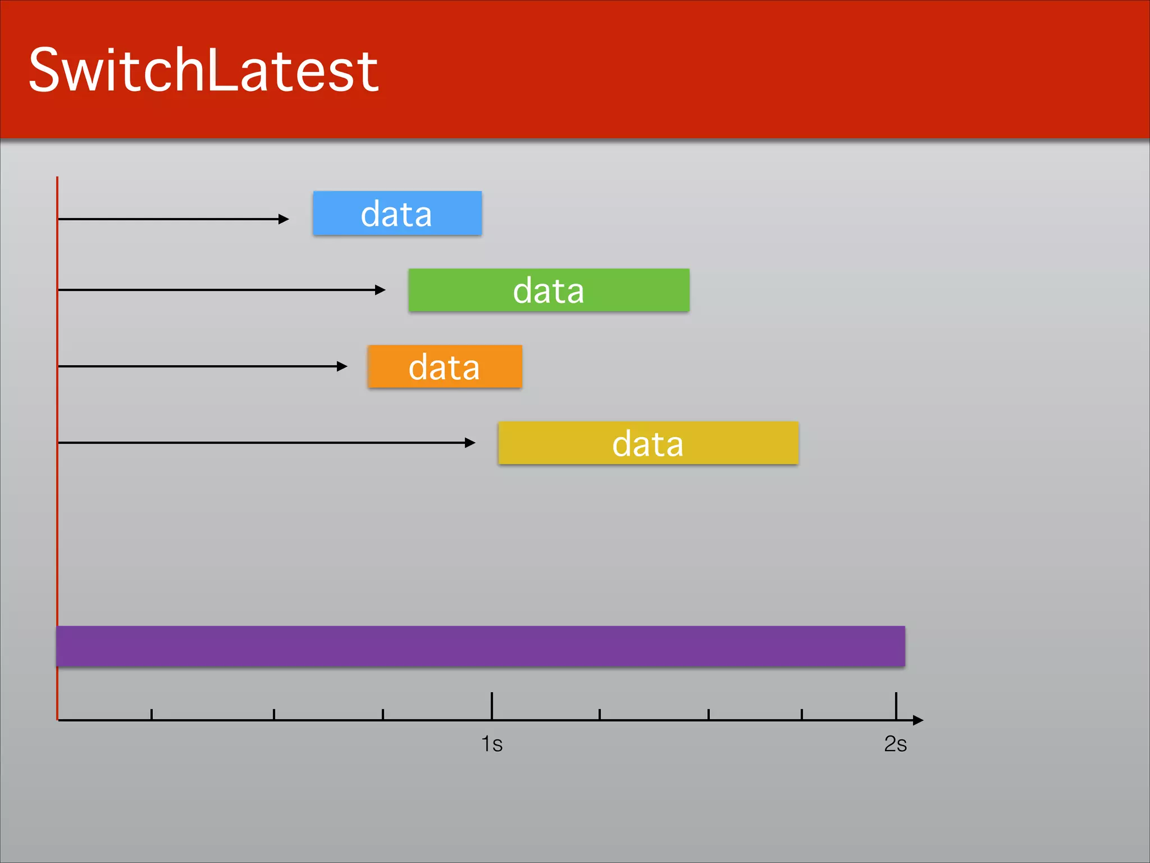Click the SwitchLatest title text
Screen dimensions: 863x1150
(203, 70)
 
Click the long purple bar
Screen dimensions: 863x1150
(481, 646)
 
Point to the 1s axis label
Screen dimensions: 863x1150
(492, 744)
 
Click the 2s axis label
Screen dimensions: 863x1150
(895, 744)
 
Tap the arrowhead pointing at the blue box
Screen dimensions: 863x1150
(284, 219)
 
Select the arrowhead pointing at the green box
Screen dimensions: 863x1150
(381, 290)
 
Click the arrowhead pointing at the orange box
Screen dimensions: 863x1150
(343, 366)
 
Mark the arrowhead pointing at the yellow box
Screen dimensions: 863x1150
(471, 443)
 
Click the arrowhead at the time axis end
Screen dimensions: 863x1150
(918, 720)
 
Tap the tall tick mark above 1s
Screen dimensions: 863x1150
(492, 705)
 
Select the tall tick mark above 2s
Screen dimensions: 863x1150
(896, 705)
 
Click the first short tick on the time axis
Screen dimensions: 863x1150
(152, 714)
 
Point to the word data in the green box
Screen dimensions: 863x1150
(549, 291)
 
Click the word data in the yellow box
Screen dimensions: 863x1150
(647, 444)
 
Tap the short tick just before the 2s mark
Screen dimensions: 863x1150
(802, 714)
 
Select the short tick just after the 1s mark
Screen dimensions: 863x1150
(600, 714)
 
